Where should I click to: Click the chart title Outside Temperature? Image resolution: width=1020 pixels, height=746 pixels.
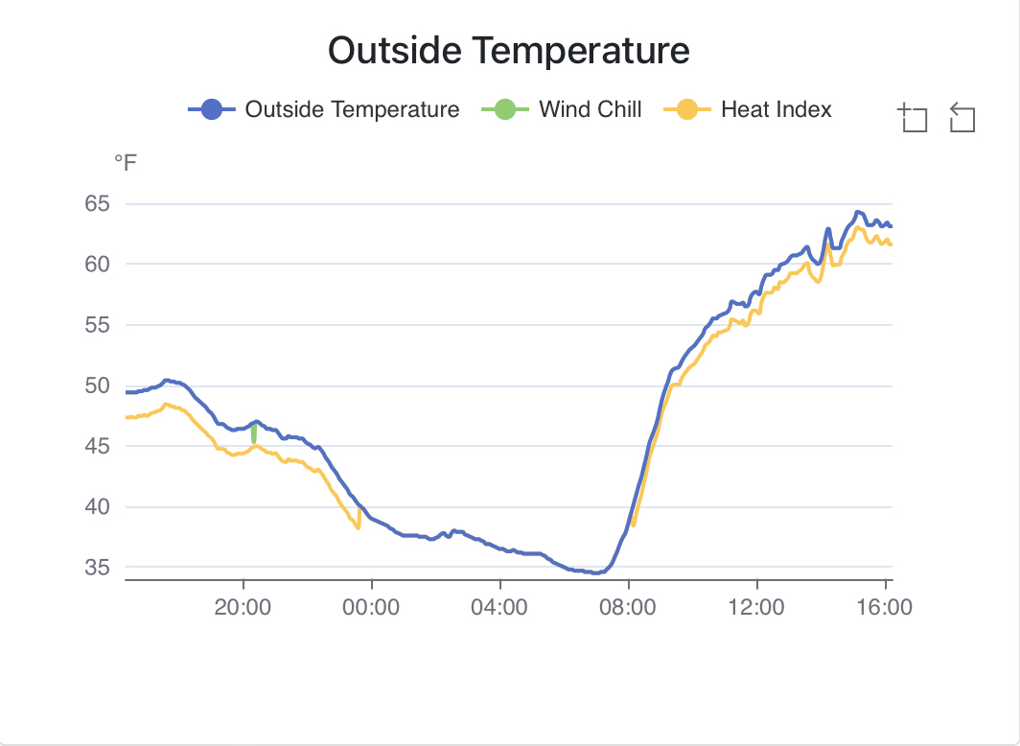[x=508, y=50]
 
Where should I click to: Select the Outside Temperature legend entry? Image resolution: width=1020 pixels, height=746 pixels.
[x=352, y=109]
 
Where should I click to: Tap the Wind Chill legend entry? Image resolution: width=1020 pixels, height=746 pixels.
[x=590, y=109]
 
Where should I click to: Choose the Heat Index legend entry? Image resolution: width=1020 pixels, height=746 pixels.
[x=776, y=109]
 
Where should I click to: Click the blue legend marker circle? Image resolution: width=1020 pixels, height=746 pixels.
[x=212, y=109]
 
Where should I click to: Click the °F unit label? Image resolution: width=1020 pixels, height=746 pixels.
[x=126, y=164]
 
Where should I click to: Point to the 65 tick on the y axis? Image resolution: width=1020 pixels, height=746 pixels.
[x=98, y=203]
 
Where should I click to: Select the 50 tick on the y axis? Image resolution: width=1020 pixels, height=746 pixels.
[x=98, y=385]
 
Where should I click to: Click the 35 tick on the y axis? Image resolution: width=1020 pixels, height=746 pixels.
[x=98, y=568]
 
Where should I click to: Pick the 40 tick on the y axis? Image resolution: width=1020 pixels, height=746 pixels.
[x=98, y=507]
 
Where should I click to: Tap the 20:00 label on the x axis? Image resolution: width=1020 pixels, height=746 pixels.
[x=243, y=607]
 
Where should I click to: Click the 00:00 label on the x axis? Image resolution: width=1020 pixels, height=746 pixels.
[x=371, y=607]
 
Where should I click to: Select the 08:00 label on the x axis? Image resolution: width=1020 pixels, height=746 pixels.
[x=628, y=607]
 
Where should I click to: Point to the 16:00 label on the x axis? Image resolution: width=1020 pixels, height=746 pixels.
[x=884, y=607]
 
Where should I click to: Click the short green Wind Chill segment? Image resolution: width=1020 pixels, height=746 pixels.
[x=254, y=434]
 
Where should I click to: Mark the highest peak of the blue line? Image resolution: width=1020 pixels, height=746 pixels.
[x=858, y=212]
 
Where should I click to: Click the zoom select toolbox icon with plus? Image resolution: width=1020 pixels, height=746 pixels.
[x=913, y=118]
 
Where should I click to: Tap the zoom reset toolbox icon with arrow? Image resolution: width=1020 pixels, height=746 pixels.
[x=962, y=118]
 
